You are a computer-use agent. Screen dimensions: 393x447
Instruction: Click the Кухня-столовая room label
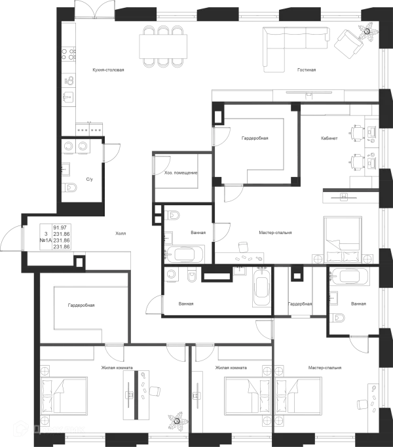pyautogui.click(x=108, y=70)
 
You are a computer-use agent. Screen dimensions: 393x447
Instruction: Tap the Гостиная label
pyautogui.click(x=307, y=70)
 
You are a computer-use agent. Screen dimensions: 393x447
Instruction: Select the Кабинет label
pyautogui.click(x=329, y=138)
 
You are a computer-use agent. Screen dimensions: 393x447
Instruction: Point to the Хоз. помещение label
pyautogui.click(x=181, y=173)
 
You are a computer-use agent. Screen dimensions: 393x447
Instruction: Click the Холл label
pyautogui.click(x=121, y=233)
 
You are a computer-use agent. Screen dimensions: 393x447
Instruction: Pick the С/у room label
pyautogui.click(x=90, y=180)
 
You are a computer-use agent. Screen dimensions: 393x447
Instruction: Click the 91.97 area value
pyautogui.click(x=60, y=227)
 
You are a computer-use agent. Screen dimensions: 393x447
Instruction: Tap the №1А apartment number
pyautogui.click(x=46, y=241)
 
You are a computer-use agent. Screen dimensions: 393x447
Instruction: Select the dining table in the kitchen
pyautogui.click(x=163, y=47)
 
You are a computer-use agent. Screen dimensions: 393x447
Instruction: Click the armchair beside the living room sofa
pyautogui.click(x=348, y=44)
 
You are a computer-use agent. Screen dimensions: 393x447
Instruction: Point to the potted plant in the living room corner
pyautogui.click(x=368, y=31)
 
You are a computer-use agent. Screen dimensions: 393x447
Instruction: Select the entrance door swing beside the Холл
pyautogui.click(x=11, y=239)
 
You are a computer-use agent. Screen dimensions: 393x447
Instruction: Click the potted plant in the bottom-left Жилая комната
pyautogui.click(x=178, y=421)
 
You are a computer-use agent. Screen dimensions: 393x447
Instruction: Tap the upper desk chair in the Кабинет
pyautogui.click(x=357, y=134)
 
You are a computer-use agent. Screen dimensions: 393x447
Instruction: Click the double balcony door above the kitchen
pyautogui.click(x=95, y=10)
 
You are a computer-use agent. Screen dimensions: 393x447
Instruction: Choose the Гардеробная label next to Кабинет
pyautogui.click(x=255, y=138)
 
